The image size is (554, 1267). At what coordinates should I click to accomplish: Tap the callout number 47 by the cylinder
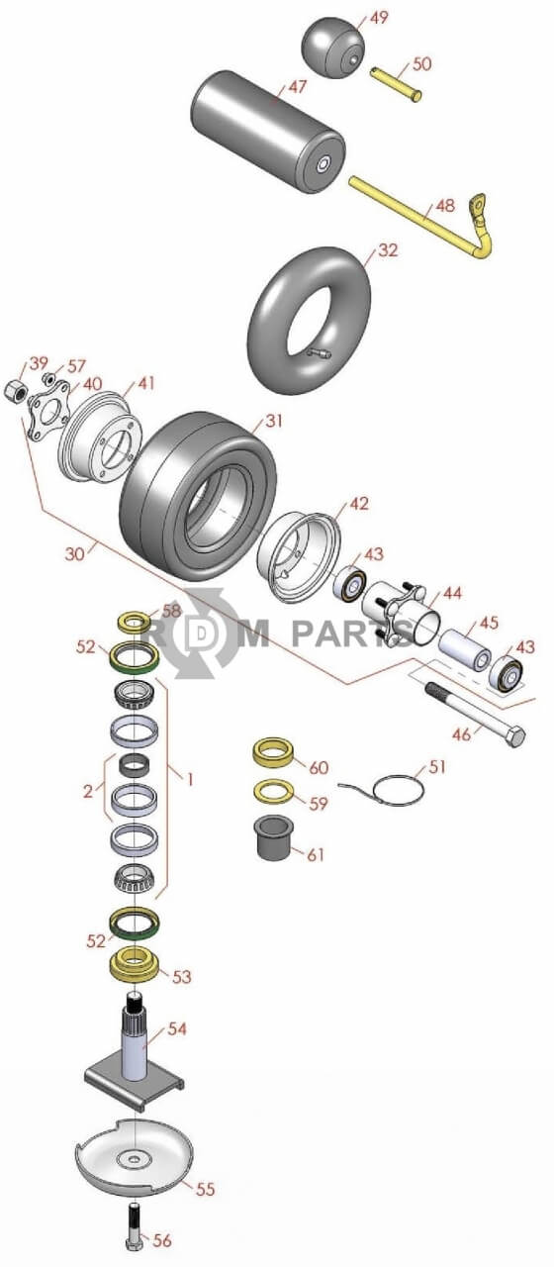coord(297,87)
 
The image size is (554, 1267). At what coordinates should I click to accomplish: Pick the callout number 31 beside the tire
coord(274,422)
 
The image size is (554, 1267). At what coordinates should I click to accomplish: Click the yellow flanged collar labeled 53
coord(137,963)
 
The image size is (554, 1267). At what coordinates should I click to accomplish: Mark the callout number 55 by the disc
coord(205,1189)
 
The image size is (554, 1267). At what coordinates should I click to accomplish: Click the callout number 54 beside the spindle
coord(176,1029)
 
